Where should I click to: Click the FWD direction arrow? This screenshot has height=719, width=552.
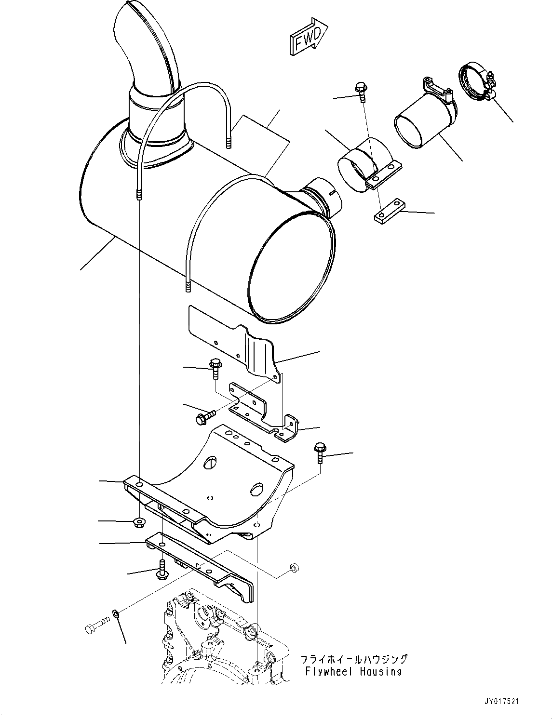tap(309, 36)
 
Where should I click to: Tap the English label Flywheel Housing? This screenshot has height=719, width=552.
tap(353, 671)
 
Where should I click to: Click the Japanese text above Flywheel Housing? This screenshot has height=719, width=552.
tap(354, 659)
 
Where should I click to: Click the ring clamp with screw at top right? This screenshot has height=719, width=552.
tap(475, 82)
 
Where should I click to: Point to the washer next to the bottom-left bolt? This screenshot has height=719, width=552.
tap(116, 613)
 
